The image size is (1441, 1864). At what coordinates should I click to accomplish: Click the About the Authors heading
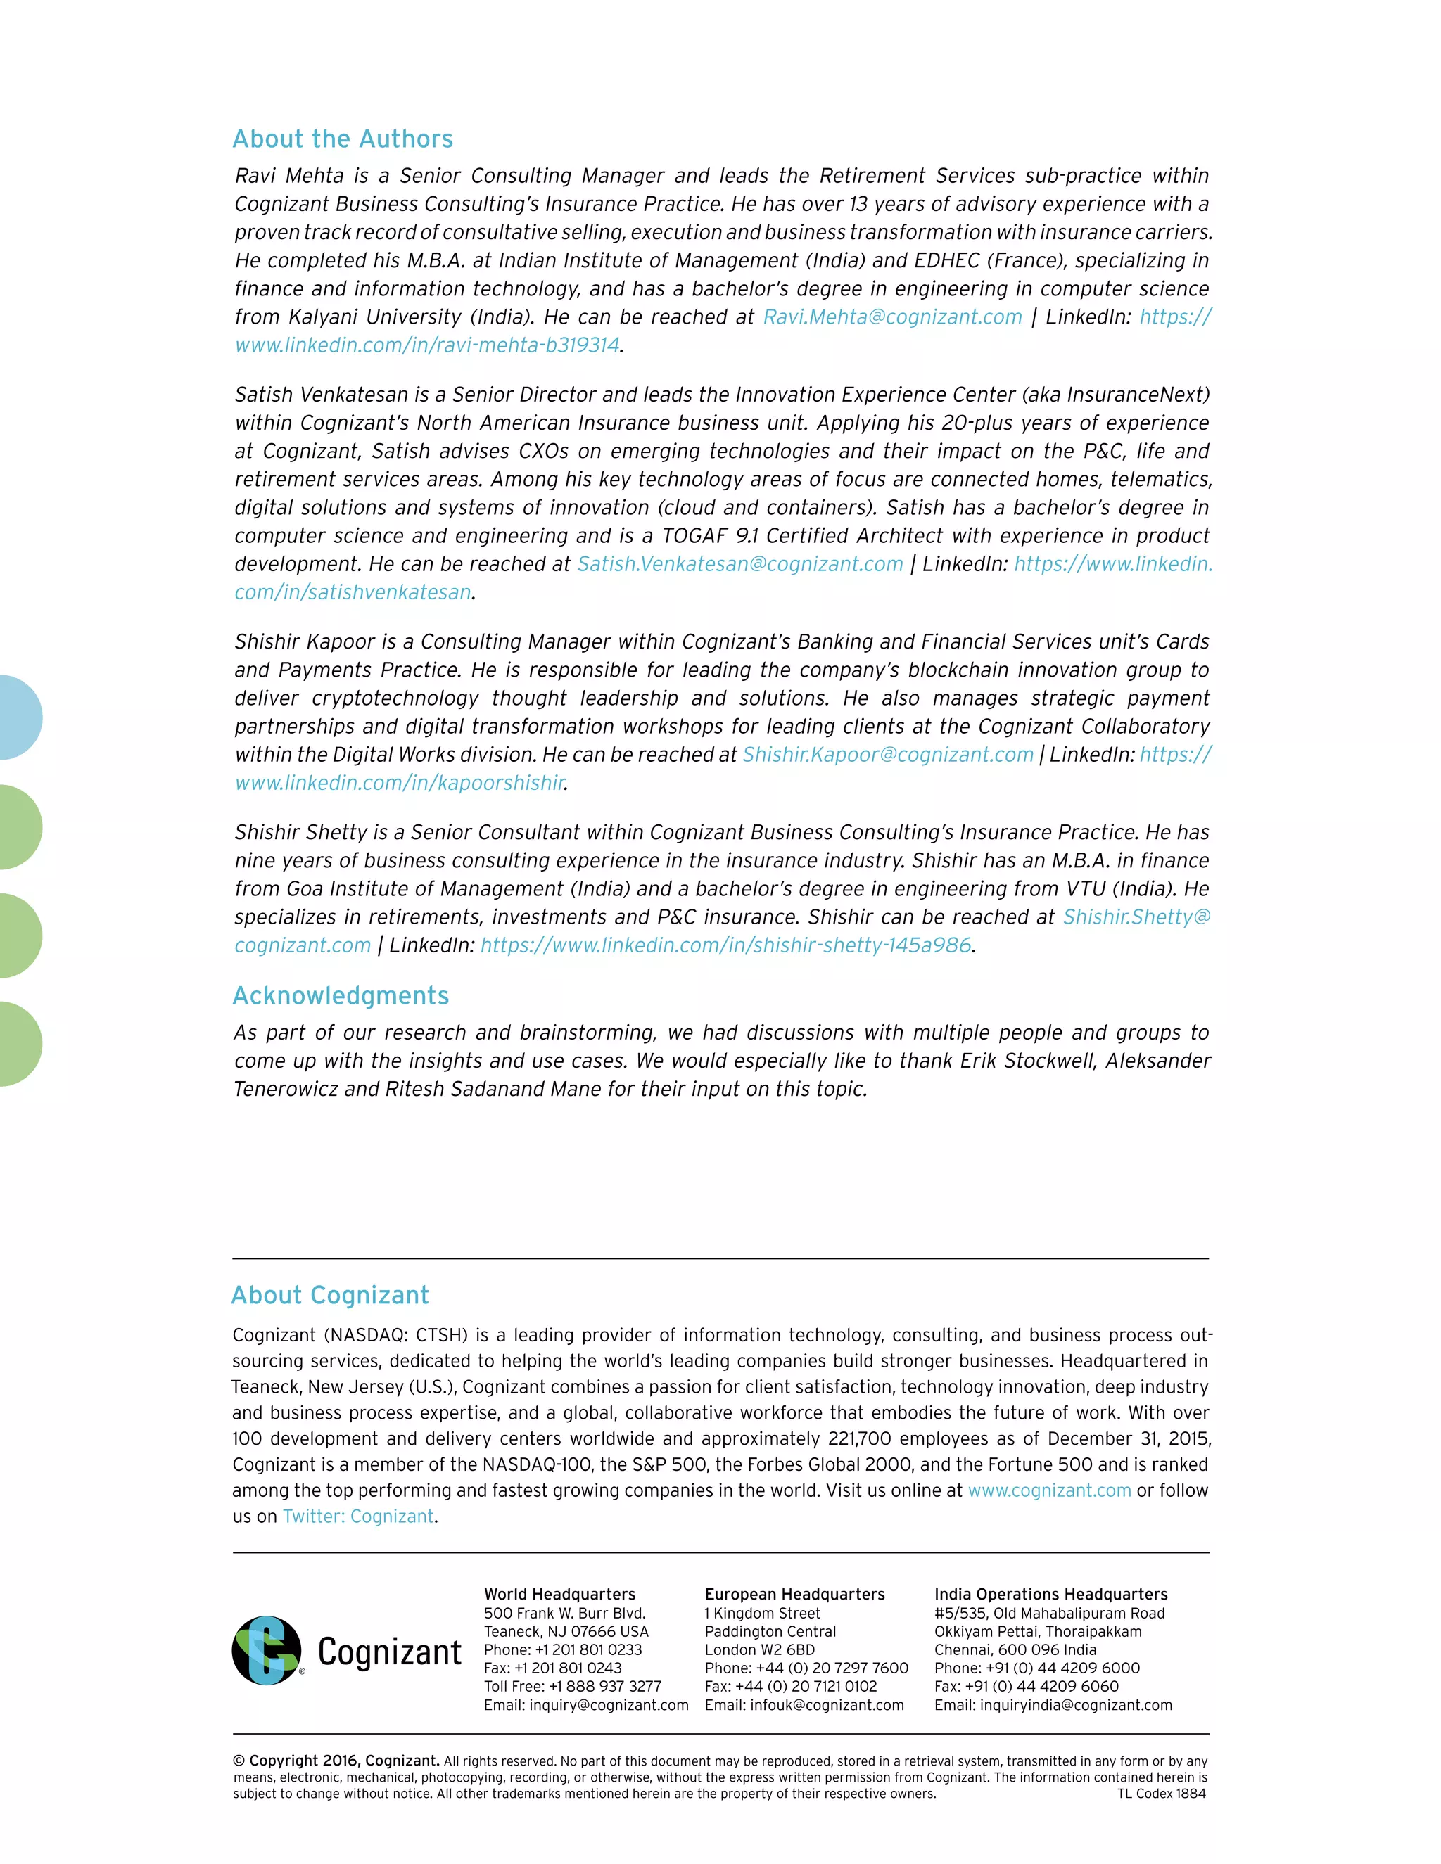(343, 139)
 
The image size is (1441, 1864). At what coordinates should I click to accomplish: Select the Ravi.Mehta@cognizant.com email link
(892, 317)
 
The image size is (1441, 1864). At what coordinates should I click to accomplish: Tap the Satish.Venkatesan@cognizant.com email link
(740, 564)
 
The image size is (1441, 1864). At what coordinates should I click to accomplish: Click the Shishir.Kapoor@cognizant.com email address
(888, 755)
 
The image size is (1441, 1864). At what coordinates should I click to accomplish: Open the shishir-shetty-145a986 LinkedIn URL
(725, 945)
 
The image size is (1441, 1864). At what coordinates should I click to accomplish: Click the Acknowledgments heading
(341, 995)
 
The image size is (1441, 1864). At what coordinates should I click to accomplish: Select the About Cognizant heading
(331, 1295)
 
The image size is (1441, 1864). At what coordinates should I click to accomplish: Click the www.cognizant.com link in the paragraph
(1049, 1490)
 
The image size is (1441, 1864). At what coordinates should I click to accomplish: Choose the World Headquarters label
(559, 1595)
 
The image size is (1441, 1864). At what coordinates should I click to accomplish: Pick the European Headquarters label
(794, 1595)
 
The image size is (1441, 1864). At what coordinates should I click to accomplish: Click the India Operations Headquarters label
(1050, 1595)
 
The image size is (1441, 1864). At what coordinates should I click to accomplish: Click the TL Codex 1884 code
(1161, 1793)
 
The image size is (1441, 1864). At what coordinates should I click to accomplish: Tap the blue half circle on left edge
(19, 717)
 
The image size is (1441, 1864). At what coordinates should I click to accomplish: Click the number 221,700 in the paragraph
(860, 1439)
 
